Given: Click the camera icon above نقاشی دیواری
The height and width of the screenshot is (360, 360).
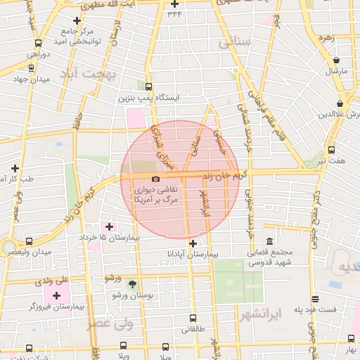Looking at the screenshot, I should [x=155, y=179].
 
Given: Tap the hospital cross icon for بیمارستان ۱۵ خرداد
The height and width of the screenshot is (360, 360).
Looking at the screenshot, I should [x=108, y=226].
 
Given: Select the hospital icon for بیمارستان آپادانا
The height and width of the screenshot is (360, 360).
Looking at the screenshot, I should [x=193, y=243].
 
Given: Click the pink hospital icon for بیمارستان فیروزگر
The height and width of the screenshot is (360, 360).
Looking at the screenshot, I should [x=57, y=295].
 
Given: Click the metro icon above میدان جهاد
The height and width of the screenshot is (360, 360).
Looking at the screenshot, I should [x=31, y=68].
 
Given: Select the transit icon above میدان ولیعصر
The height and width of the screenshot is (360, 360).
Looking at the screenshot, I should [x=29, y=241].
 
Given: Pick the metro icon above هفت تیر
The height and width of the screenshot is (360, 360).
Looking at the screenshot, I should [x=331, y=150].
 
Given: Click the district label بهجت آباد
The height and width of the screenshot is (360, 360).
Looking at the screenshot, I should [x=86, y=74].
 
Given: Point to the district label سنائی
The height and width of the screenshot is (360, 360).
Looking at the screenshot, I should [x=235, y=42].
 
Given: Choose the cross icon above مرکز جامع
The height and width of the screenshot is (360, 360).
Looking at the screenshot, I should [x=77, y=20].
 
